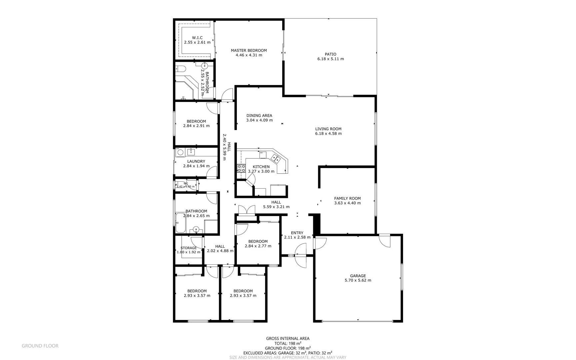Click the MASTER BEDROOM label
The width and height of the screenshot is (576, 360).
tap(249, 51)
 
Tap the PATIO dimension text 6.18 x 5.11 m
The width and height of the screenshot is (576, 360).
tap(330, 59)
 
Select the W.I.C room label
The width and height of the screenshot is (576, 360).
tap(197, 38)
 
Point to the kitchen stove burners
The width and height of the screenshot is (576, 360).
tap(241, 168)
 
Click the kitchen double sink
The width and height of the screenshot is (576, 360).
tap(276, 158)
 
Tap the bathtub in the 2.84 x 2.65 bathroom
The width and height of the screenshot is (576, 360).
tap(181, 223)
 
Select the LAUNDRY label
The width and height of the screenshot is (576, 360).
tap(196, 161)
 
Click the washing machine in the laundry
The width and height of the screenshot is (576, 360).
tap(180, 153)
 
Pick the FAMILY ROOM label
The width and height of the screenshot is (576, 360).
tap(347, 198)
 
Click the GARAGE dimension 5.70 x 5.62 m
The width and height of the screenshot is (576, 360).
tap(358, 280)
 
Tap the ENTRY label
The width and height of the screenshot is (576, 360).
tap(297, 233)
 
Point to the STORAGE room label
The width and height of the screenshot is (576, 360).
tap(189, 248)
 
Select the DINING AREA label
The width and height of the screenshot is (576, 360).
tap(259, 116)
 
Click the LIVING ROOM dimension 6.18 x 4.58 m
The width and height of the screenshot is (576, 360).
tap(328, 134)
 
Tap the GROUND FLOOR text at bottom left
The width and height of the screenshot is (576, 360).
tap(40, 346)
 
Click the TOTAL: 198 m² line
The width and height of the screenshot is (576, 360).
tap(288, 343)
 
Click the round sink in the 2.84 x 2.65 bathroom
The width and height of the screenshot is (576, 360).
tap(196, 229)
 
